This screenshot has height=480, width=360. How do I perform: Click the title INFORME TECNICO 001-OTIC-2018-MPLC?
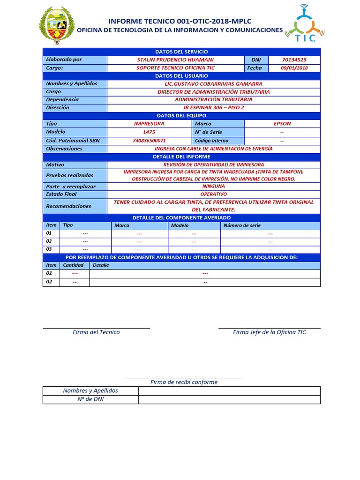click(180, 21)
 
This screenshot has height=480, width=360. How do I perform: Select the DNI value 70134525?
click(294, 60)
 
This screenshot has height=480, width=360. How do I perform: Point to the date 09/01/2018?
click(294, 68)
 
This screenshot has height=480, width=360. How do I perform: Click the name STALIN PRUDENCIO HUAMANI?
click(175, 60)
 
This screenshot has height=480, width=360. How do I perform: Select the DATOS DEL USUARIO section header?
click(181, 76)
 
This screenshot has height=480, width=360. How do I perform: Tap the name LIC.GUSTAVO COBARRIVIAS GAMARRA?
click(213, 84)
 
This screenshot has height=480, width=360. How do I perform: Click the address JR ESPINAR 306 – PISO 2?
click(213, 108)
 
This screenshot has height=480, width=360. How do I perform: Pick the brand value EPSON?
click(282, 124)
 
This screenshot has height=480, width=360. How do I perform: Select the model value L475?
click(149, 132)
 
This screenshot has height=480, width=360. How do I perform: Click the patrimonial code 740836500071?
click(149, 141)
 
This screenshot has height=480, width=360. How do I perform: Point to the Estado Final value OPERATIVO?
click(213, 194)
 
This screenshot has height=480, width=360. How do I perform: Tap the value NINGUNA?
click(213, 186)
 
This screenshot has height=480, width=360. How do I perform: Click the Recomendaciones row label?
click(68, 206)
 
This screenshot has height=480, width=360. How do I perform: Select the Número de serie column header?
click(242, 225)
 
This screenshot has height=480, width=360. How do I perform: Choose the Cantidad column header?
click(73, 265)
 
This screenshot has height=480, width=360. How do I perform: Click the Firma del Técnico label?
click(96, 332)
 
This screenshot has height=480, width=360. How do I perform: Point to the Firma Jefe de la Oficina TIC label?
click(270, 332)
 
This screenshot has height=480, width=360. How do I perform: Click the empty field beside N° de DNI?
click(229, 399)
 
